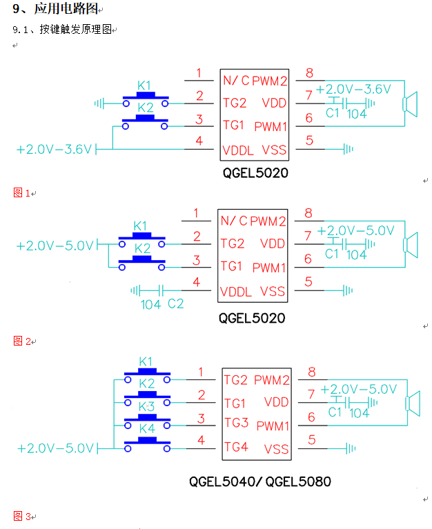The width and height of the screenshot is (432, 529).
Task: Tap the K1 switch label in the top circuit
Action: point(145,86)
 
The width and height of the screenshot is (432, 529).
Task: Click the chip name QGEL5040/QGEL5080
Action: point(260,481)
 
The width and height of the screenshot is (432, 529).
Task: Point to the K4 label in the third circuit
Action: point(146,428)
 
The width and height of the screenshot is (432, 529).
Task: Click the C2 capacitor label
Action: point(176,303)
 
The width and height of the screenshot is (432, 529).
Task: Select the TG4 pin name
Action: point(235,447)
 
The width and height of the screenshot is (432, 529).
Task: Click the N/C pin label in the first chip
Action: point(235,81)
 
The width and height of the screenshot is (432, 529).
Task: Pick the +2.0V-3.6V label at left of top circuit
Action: point(54,149)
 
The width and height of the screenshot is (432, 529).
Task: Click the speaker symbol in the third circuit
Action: point(413,403)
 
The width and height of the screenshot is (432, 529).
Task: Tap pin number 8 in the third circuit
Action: point(312,372)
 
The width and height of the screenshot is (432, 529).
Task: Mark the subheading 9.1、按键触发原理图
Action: point(62,30)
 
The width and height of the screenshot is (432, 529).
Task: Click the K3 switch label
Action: point(146,406)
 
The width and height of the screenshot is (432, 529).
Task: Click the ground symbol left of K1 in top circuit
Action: point(101,103)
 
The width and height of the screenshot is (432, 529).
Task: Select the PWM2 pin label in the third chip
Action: point(272,380)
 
